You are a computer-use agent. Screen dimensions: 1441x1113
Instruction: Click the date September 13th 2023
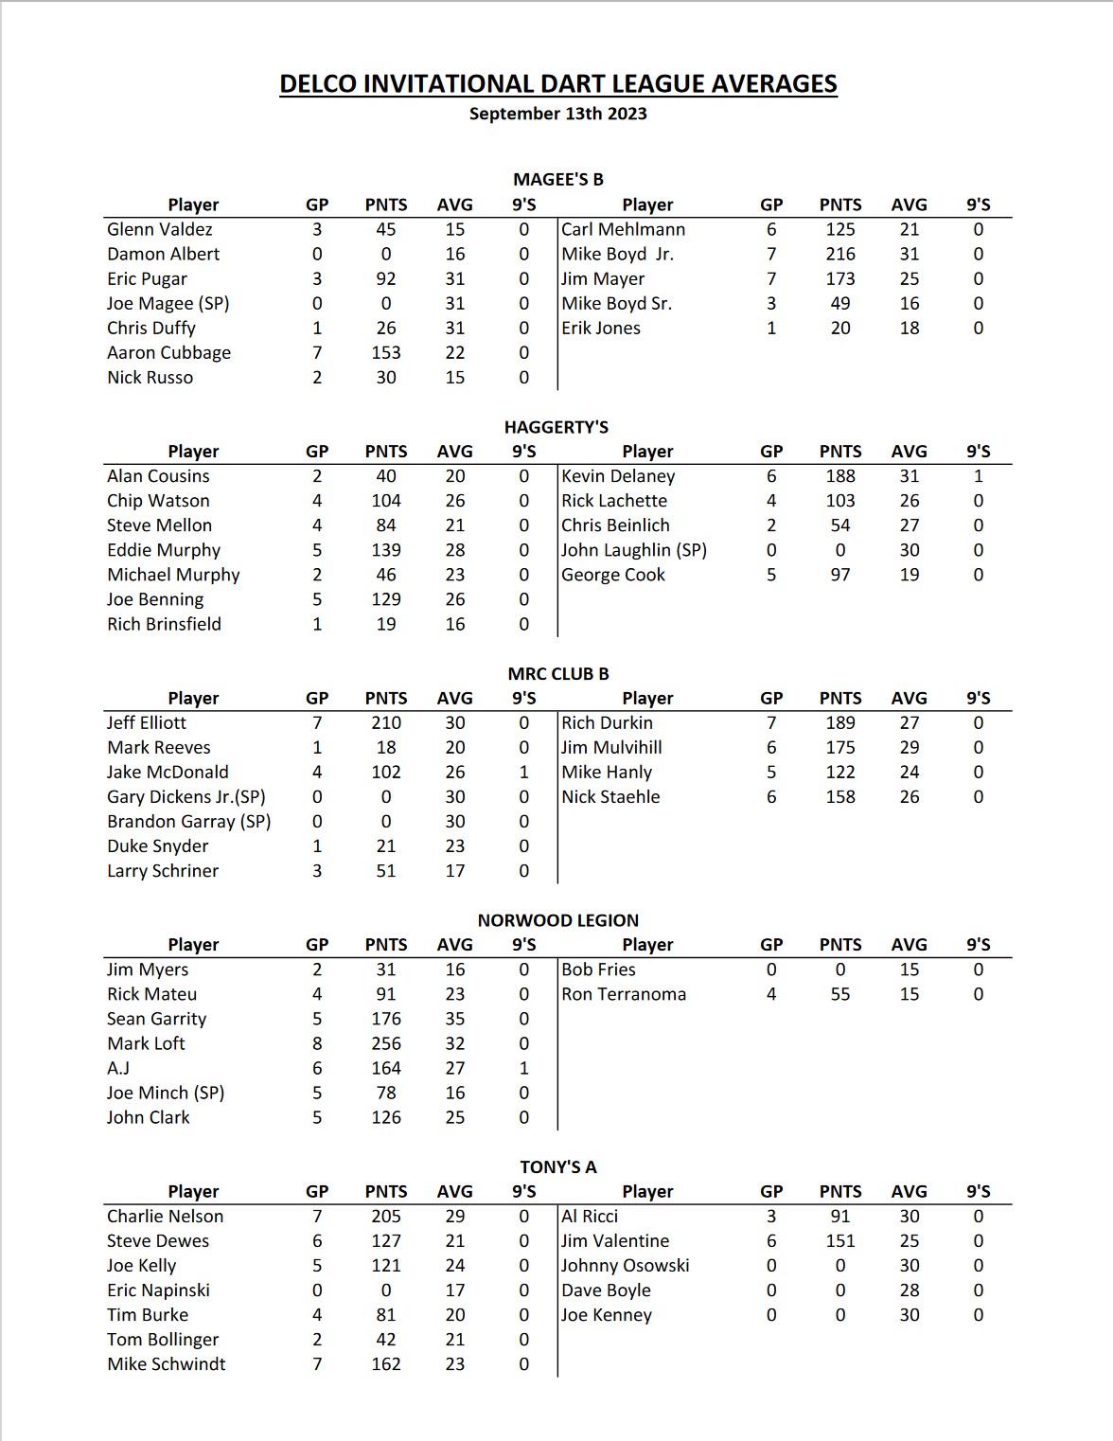pyautogui.click(x=558, y=114)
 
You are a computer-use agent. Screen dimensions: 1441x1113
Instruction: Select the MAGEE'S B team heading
pyautogui.click(x=558, y=180)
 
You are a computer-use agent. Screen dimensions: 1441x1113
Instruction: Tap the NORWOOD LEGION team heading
pyautogui.click(x=558, y=920)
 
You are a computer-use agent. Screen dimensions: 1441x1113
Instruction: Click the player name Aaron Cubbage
pyautogui.click(x=168, y=353)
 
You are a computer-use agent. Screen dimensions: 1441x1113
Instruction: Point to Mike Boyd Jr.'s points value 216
pyautogui.click(x=840, y=255)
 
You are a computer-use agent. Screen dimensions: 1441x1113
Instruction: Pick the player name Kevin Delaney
pyautogui.click(x=618, y=476)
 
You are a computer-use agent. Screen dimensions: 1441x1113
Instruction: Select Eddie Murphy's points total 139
pyautogui.click(x=386, y=550)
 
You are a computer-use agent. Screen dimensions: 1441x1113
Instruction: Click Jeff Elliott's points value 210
pyautogui.click(x=386, y=723)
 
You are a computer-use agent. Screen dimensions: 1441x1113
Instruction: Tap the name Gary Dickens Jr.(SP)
pyautogui.click(x=185, y=797)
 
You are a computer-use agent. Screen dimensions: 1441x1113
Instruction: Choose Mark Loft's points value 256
pyautogui.click(x=386, y=1043)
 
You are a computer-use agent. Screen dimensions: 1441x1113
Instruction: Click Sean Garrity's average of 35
pyautogui.click(x=455, y=1019)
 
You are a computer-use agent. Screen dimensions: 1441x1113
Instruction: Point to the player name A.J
pyautogui.click(x=118, y=1068)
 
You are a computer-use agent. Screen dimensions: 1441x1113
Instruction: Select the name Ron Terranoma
pyautogui.click(x=624, y=994)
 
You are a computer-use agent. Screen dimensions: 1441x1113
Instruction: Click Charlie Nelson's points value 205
pyautogui.click(x=386, y=1217)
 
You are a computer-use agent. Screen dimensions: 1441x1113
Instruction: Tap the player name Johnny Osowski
pyautogui.click(x=626, y=1266)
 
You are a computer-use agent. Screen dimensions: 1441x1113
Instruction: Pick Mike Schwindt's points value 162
pyautogui.click(x=386, y=1364)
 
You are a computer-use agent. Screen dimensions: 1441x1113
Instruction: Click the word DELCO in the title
pyautogui.click(x=317, y=84)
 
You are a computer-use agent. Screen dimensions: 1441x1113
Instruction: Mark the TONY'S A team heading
pyautogui.click(x=558, y=1167)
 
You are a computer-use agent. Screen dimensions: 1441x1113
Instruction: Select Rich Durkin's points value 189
pyautogui.click(x=840, y=723)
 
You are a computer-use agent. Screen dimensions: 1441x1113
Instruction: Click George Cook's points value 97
pyautogui.click(x=840, y=575)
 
